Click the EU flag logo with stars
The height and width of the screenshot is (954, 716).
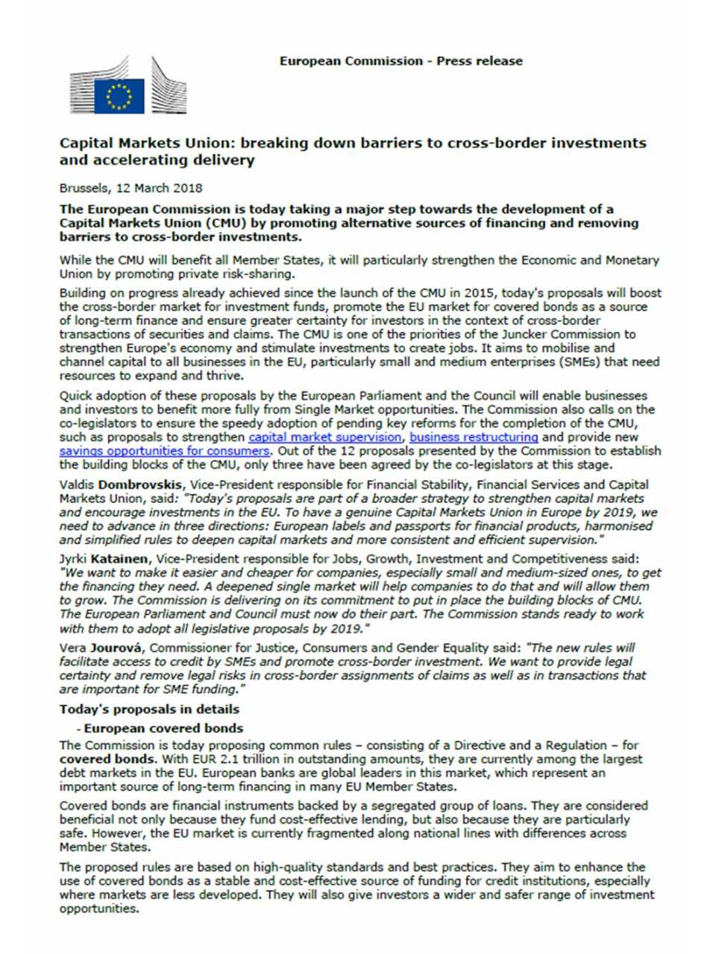[x=119, y=95]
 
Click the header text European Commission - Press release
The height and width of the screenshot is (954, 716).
[x=401, y=61]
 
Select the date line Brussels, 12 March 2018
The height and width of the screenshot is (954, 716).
[x=131, y=188]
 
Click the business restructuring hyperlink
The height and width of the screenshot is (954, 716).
[x=474, y=437]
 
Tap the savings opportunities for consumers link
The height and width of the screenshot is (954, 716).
[x=164, y=451]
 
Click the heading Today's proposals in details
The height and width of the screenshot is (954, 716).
[x=149, y=709]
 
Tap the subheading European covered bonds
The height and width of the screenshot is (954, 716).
[x=163, y=728]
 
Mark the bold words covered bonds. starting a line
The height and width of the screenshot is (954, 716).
[x=107, y=759]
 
